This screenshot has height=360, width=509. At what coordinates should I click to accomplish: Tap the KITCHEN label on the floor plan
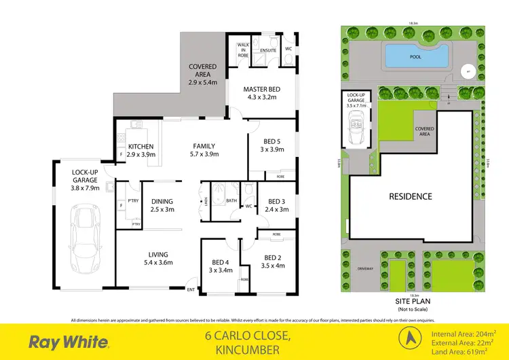(140, 147)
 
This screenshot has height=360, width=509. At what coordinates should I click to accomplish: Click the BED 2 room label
(273, 257)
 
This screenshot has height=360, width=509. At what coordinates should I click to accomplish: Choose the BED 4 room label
(220, 262)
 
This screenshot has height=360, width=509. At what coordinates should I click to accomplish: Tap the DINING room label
(162, 201)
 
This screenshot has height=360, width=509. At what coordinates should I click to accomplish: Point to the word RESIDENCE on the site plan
(409, 197)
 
